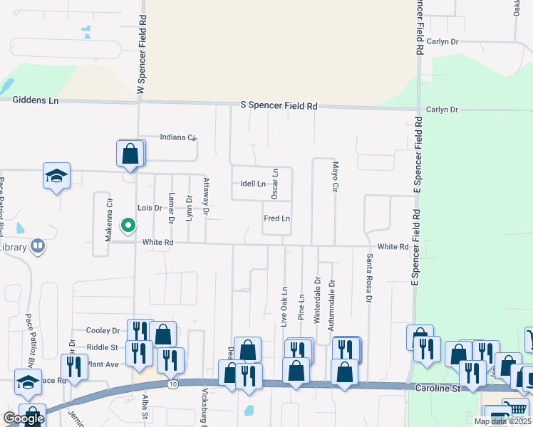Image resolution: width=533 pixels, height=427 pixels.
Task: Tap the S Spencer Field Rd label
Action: pos(279,105)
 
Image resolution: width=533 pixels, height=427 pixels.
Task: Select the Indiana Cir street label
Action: pos(177,137)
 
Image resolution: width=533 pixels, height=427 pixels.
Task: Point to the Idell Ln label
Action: pos(253,184)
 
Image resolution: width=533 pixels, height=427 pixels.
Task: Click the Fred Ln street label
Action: pos(276,218)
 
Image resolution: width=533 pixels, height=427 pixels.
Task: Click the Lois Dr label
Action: pos(150,208)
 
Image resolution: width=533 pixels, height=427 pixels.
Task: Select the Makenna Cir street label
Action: pos(110,220)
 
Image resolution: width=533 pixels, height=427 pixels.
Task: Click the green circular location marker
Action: pos(128,226)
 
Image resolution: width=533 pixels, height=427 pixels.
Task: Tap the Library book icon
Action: pos(38,247)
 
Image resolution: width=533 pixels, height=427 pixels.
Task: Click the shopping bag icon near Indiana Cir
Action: pos(130,154)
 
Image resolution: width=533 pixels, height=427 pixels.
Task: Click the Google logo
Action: pos(24,419)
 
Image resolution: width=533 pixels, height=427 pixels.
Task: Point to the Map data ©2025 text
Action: pos(502,421)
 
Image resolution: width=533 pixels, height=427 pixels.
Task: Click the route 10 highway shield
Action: pos(173,384)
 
